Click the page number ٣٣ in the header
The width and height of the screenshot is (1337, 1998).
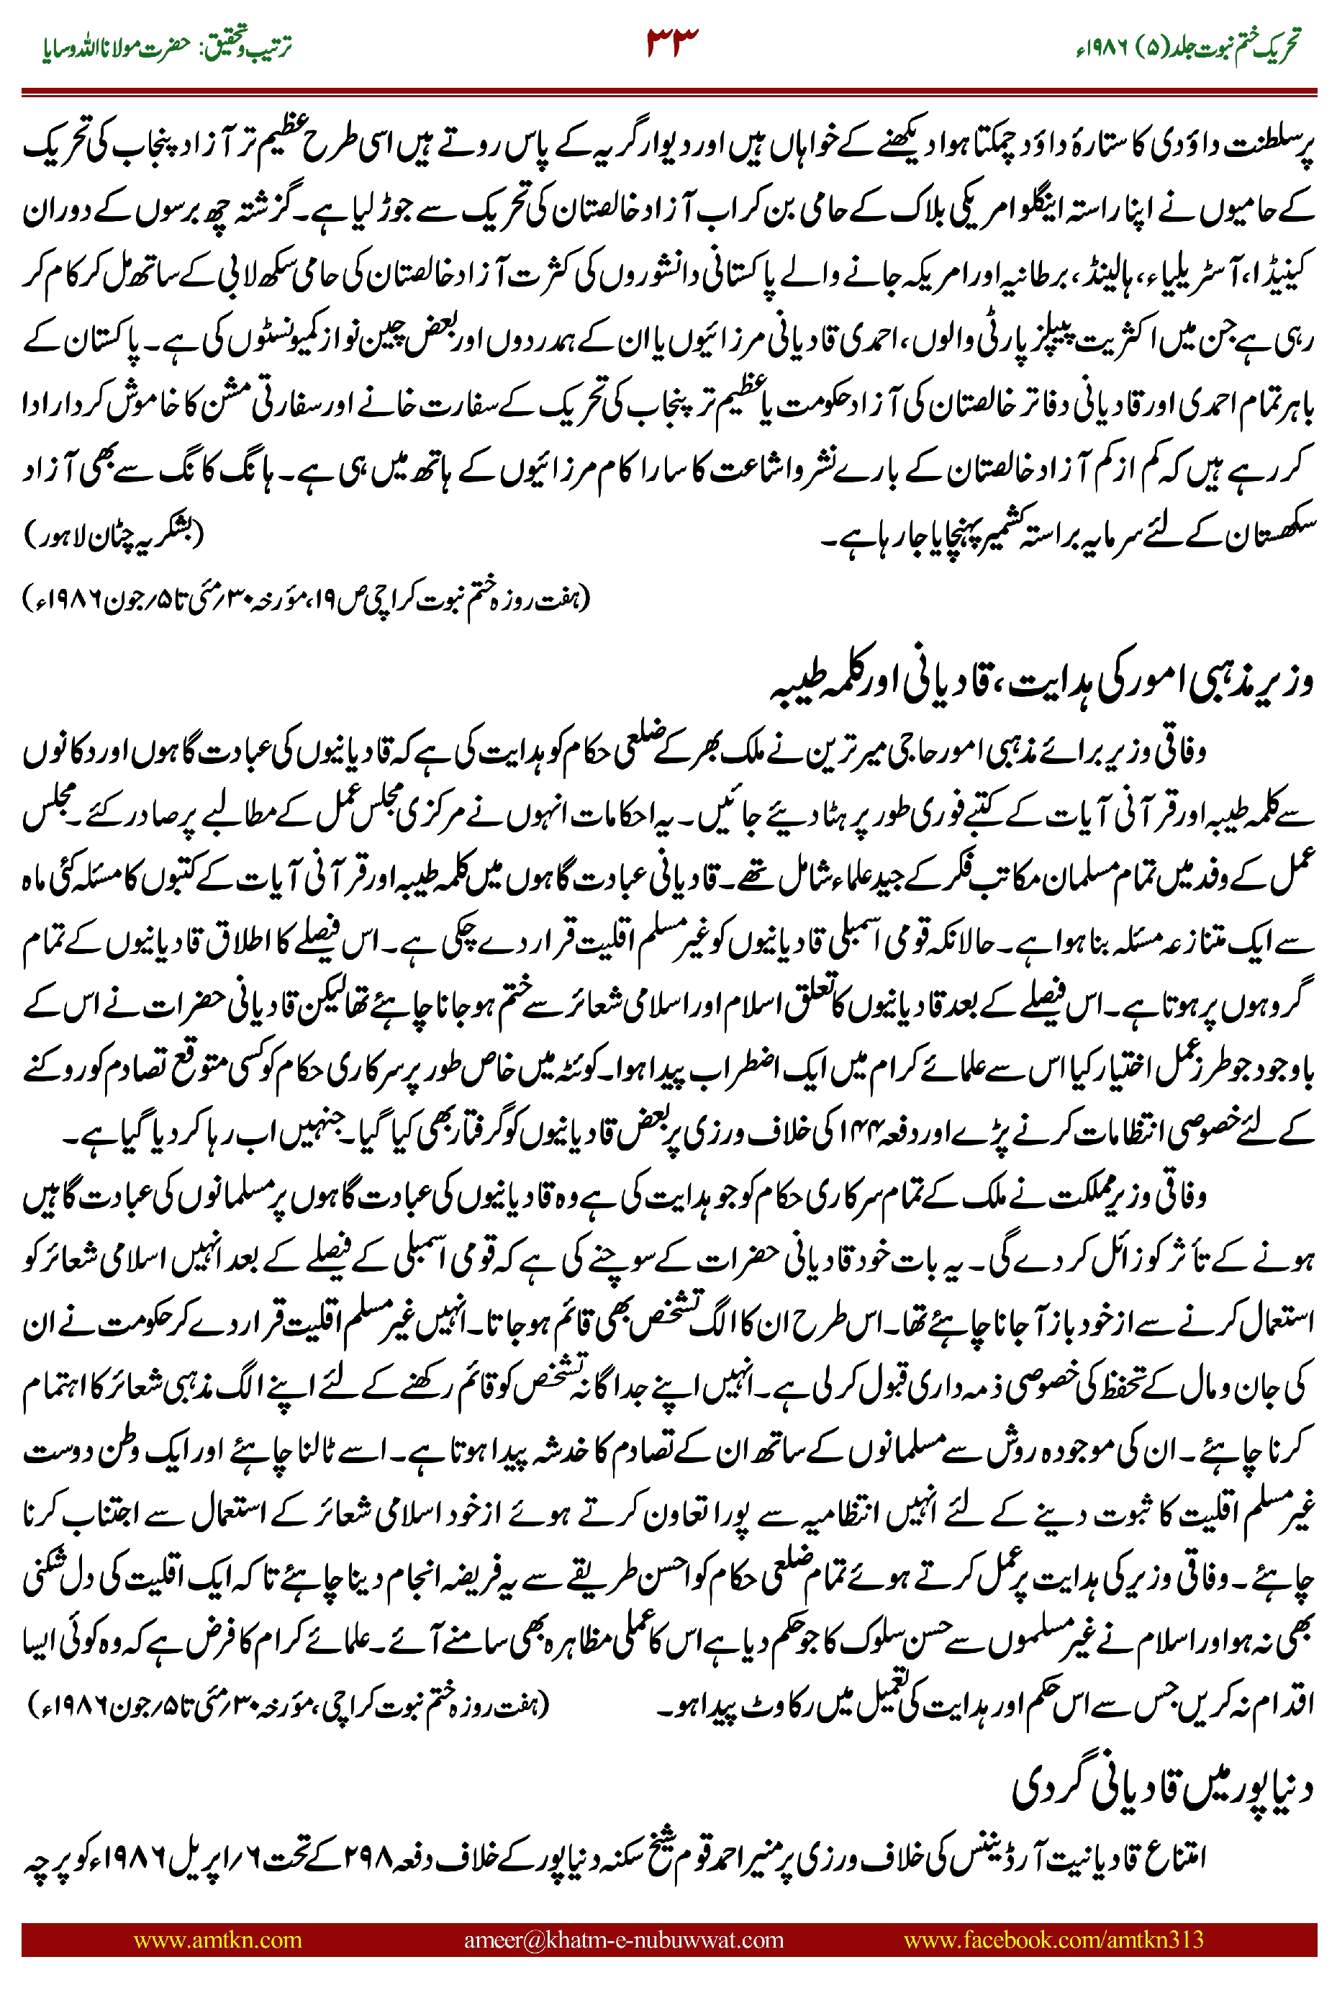tap(672, 41)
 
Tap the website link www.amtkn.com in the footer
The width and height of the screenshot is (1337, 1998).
tap(217, 1939)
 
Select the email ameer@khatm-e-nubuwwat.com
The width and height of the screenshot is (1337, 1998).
tap(623, 1939)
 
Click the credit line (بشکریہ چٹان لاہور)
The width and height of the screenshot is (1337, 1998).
tap(115, 535)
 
